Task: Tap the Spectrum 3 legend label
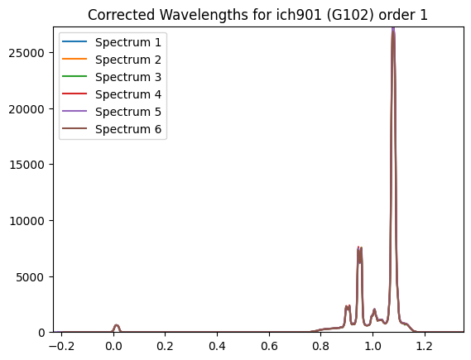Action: point(128,77)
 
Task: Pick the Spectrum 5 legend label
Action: point(128,112)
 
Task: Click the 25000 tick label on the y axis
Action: point(26,53)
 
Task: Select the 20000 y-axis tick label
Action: point(26,109)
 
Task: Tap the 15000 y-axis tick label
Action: point(26,165)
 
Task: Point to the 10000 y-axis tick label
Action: point(26,221)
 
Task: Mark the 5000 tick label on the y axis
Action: point(30,277)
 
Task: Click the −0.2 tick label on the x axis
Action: point(61,346)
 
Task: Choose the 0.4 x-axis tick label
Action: point(217,346)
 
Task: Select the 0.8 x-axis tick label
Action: point(321,346)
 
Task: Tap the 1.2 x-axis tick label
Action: point(425,346)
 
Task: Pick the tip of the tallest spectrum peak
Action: point(393,28)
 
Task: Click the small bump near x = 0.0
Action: point(117,327)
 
